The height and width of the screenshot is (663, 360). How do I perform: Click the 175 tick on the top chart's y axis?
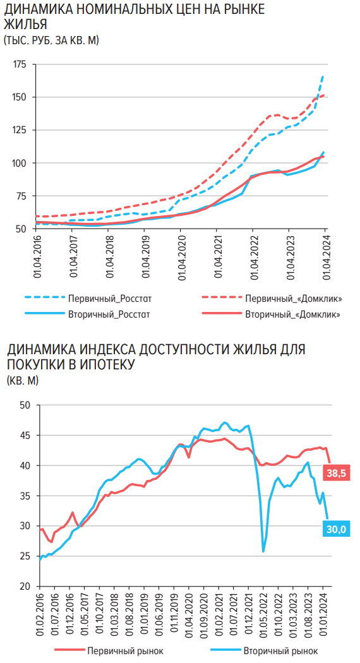(19, 64)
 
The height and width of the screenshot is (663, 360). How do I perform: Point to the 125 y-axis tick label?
(19, 130)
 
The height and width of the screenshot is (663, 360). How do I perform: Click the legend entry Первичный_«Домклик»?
(293, 298)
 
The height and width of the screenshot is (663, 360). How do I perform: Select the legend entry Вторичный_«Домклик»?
(293, 314)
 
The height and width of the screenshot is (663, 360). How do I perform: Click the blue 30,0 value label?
(336, 529)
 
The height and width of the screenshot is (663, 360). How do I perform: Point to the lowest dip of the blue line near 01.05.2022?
(263, 551)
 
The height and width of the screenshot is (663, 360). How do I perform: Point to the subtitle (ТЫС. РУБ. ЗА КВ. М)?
(51, 40)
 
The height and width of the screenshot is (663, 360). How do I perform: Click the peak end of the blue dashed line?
(323, 76)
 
